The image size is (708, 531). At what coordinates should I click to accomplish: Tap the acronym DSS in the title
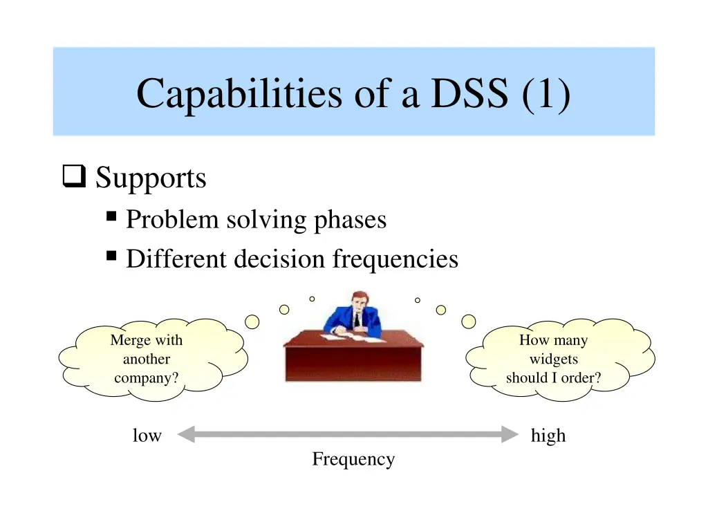469,93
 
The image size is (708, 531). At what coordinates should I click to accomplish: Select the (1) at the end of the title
546,93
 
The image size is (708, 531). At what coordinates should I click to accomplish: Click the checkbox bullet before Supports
73,178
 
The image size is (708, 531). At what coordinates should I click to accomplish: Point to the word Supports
151,178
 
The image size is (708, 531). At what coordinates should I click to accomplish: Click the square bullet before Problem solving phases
111,217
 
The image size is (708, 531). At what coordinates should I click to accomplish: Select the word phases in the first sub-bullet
350,220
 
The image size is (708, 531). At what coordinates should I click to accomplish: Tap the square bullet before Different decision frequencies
111,257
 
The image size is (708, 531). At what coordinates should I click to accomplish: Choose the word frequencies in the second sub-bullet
395,259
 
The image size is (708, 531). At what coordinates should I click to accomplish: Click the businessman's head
357,301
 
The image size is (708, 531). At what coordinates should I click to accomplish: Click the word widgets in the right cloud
553,360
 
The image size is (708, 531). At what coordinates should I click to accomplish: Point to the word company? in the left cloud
146,378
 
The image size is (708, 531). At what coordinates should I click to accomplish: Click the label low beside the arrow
147,436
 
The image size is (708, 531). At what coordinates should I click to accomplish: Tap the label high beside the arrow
548,436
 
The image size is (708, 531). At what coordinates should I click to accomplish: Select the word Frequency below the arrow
353,459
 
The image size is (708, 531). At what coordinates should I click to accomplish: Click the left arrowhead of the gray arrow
185,435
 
